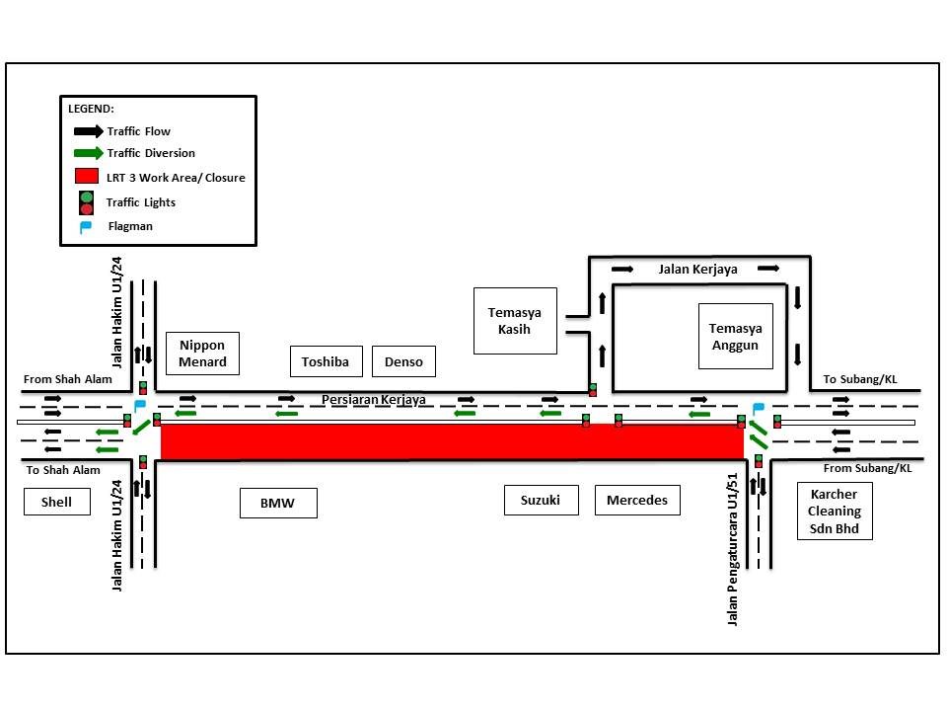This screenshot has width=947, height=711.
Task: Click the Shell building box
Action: click(57, 502)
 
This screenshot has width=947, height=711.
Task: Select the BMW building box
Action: click(278, 503)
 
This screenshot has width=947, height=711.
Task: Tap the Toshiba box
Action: click(327, 361)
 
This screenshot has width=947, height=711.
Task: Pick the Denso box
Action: click(403, 361)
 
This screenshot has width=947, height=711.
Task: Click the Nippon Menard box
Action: click(202, 354)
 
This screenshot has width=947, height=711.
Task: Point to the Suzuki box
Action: click(542, 500)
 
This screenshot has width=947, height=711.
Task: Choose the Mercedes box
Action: click(637, 500)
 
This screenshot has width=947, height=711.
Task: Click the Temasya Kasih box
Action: click(515, 321)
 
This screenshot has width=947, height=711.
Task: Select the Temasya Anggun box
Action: click(736, 336)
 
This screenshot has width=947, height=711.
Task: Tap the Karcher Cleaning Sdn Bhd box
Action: click(835, 511)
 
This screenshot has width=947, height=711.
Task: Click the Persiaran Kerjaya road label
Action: click(373, 400)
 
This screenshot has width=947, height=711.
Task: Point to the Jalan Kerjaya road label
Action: click(697, 270)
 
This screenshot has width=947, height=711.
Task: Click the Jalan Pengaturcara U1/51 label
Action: click(733, 549)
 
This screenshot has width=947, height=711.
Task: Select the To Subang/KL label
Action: click(860, 379)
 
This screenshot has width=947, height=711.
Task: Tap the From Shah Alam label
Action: click(68, 379)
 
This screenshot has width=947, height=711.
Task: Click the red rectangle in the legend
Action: click(87, 176)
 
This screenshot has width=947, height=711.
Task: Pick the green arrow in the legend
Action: click(88, 153)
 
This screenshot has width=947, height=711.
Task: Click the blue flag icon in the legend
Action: click(86, 227)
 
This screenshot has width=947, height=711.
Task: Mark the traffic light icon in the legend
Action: click(87, 203)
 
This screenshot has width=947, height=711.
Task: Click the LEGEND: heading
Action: click(91, 109)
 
